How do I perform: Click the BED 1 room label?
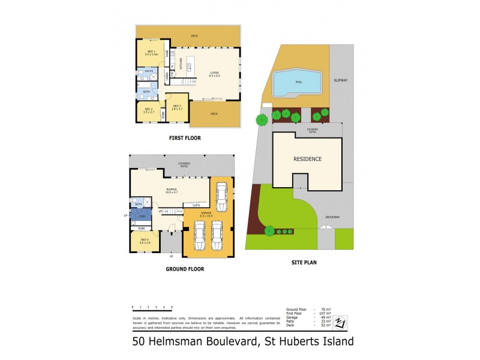pyautogui.click(x=151, y=53)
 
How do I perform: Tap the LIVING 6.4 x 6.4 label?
pyautogui.click(x=214, y=75)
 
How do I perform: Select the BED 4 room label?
pyautogui.click(x=144, y=241)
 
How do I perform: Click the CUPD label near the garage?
pyautogui.click(x=196, y=205)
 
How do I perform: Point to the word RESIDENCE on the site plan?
pyautogui.click(x=308, y=159)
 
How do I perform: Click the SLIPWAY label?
pyautogui.click(x=343, y=79)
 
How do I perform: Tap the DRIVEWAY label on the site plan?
pyautogui.click(x=333, y=217)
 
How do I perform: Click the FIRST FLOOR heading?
pyautogui.click(x=184, y=138)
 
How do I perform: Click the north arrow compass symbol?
pyautogui.click(x=341, y=322)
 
